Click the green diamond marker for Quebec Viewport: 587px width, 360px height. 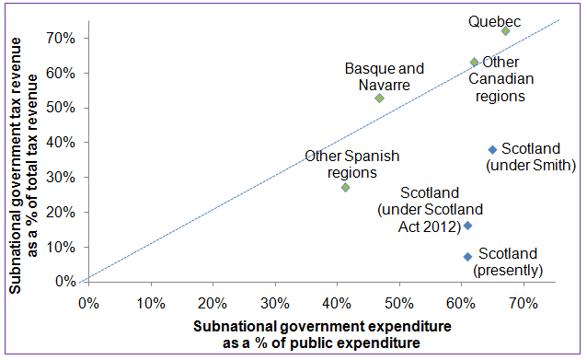(505, 30)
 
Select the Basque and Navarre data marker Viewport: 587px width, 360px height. (379, 98)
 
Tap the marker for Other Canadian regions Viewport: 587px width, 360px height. (474, 63)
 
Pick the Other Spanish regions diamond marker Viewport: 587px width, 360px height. (345, 187)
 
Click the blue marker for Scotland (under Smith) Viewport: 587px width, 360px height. (492, 149)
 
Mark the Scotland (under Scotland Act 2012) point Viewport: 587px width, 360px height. (467, 226)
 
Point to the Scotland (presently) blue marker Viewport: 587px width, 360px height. (467, 257)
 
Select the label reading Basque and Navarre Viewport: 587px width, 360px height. (385, 76)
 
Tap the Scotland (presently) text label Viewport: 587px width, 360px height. (507, 262)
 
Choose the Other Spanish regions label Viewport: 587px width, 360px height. (352, 164)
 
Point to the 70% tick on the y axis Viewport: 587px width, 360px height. (61, 38)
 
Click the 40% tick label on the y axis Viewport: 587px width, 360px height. (61, 143)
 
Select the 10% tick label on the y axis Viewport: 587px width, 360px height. (61, 247)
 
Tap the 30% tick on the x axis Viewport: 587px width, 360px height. (274, 302)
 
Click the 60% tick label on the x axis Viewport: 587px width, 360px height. (461, 302)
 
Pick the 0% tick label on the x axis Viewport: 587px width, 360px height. (89, 302)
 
